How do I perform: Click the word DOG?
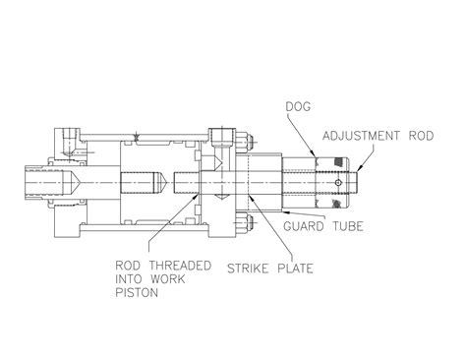[298, 104]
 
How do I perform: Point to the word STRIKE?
[251, 265]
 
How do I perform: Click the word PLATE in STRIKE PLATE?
[298, 265]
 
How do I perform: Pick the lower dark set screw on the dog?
[339, 205]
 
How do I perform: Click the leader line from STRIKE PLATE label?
[247, 235]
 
